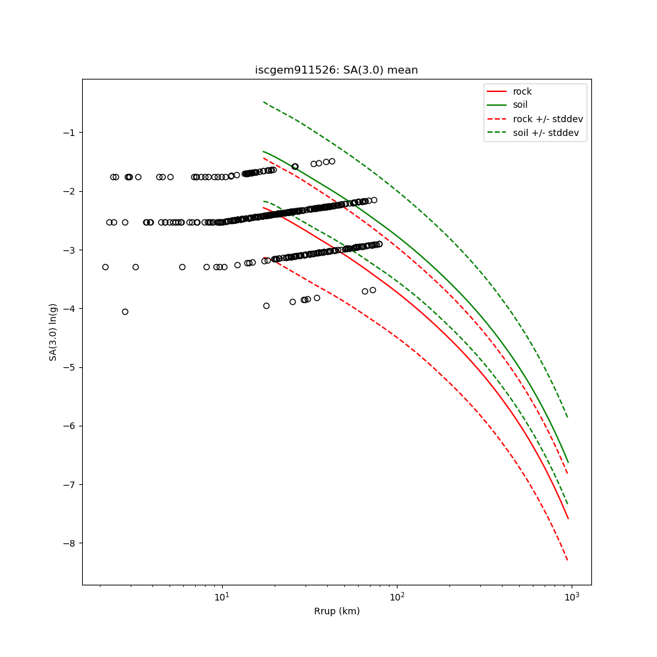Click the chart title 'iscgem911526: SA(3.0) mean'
coord(336,70)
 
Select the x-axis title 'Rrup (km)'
coord(336,611)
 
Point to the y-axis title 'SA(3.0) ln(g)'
coord(53,332)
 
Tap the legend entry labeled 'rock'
coord(522,91)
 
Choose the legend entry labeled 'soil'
coord(520,104)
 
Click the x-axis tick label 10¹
coord(222,597)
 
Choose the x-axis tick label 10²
coord(397,597)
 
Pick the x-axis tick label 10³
coord(572,597)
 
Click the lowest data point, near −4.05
coord(125,311)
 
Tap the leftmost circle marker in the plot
coord(105,267)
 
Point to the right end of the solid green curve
coord(568,463)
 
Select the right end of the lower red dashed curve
coord(568,560)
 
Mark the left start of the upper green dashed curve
coord(263,102)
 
